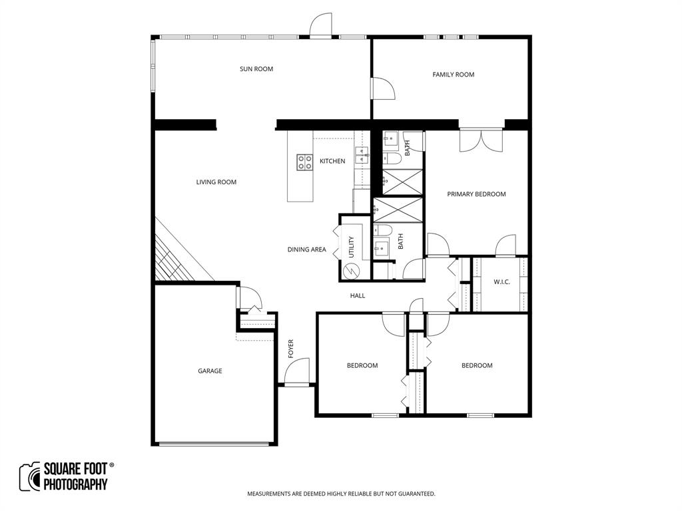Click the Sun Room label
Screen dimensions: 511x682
coord(256,69)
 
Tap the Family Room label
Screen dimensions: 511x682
coord(454,75)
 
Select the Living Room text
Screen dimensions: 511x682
coord(216,182)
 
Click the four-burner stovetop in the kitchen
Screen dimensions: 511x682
coord(305,162)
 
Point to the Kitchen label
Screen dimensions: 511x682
coord(332,161)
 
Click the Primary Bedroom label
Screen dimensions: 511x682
coord(476,194)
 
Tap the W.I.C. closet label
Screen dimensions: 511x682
coord(502,282)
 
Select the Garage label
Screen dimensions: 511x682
coord(210,371)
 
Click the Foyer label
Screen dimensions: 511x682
coord(291,349)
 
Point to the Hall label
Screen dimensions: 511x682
coord(358,295)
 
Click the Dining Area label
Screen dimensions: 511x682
coord(306,250)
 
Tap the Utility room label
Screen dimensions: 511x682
coord(352,247)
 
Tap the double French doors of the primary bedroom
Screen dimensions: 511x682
coord(481,140)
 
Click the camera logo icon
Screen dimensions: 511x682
coord(29,476)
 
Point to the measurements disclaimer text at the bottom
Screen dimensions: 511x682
coord(341,494)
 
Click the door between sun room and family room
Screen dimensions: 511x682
coord(382,89)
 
